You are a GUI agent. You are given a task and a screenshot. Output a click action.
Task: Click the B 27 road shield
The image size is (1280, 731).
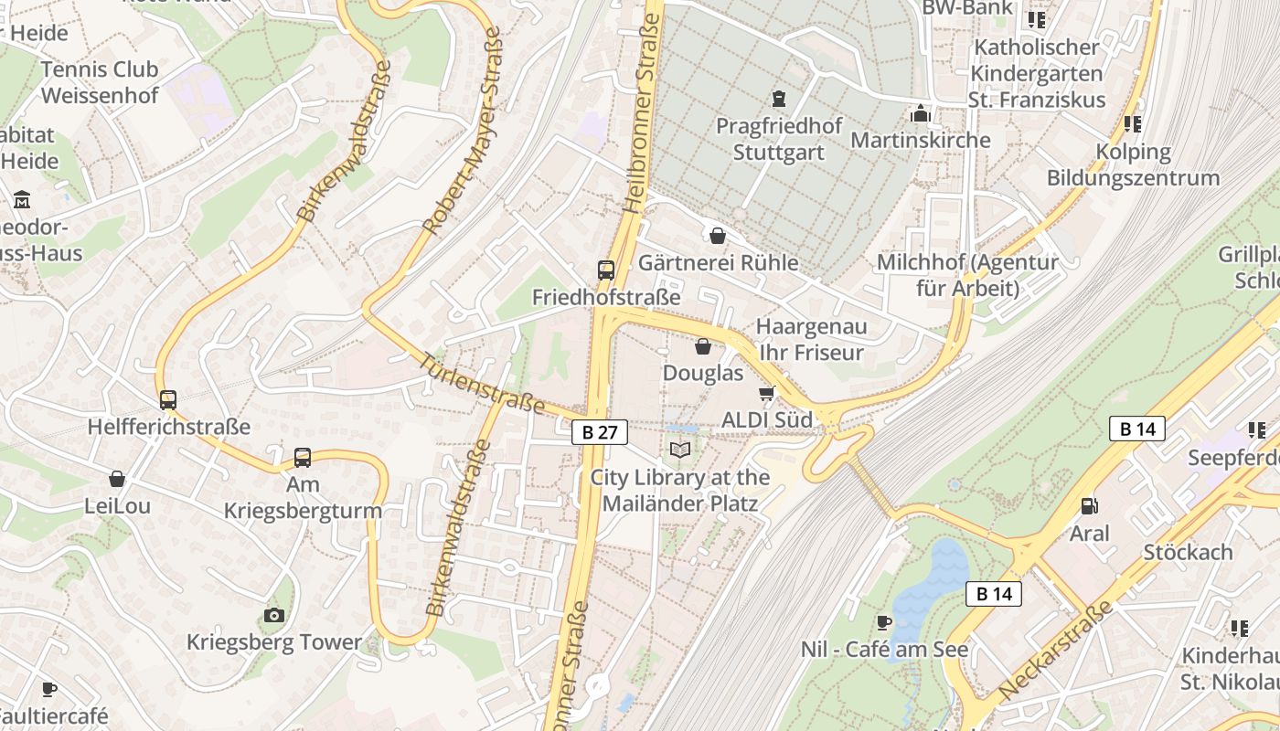(600, 432)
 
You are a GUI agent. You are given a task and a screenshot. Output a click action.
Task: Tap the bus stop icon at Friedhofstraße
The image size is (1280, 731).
(606, 270)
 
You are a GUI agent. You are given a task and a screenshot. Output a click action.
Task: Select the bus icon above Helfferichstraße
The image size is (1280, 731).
(168, 399)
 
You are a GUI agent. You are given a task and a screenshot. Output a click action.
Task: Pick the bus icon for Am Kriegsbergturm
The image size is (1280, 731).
(303, 457)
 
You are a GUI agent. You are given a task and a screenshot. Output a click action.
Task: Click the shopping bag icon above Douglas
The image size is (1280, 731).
(703, 346)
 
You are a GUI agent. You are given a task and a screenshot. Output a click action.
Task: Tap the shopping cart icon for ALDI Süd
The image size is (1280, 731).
(766, 393)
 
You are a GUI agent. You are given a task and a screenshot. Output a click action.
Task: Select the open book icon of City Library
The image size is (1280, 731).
(679, 450)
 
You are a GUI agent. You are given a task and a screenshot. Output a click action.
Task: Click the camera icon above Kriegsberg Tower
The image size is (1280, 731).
(274, 615)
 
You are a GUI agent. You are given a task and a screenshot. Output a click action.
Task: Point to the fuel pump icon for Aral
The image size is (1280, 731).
(1089, 505)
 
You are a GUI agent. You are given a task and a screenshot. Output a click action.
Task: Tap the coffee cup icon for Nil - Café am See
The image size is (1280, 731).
(883, 622)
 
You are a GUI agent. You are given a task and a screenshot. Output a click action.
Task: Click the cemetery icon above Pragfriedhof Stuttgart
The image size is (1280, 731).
(778, 98)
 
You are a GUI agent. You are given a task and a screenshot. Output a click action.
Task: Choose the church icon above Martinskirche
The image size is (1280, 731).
(920, 113)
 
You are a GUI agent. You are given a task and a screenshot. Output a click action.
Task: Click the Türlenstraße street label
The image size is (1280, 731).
(483, 384)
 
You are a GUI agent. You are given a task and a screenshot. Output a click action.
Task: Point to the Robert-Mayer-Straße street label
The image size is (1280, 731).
(463, 130)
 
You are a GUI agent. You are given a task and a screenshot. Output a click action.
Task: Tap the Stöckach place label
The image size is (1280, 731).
(1188, 552)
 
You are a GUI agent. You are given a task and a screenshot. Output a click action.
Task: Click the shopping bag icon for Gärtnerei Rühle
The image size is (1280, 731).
(718, 236)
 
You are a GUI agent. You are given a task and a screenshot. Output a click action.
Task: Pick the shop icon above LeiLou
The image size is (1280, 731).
(117, 479)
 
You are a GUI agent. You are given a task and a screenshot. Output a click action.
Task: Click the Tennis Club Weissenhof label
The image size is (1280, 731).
(100, 82)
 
